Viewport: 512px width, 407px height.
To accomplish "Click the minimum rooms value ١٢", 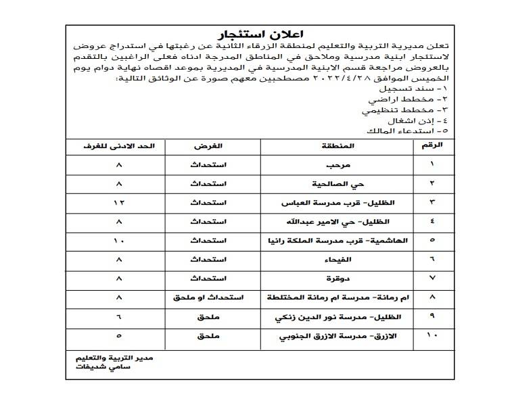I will coord(119,203).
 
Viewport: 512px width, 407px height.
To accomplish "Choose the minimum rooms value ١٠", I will coord(119,241).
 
